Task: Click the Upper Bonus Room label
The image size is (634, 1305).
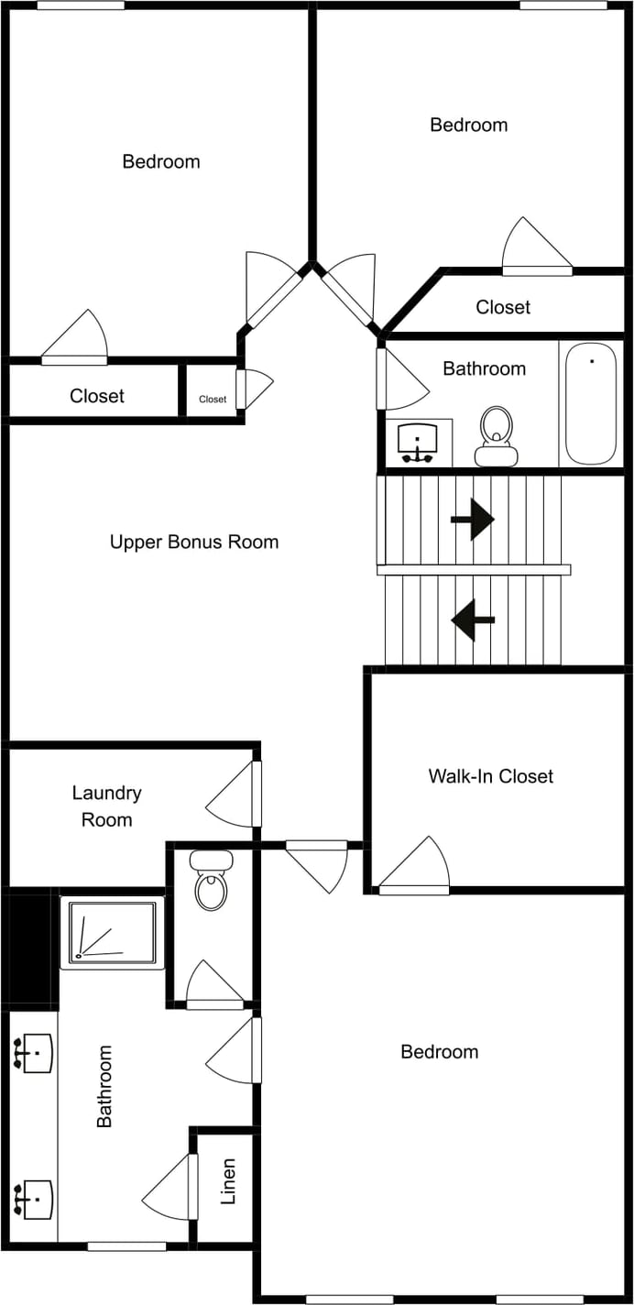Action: point(194,542)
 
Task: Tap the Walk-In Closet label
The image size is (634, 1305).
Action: point(490,776)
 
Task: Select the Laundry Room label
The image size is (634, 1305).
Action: point(106,806)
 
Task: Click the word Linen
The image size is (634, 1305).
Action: point(228,1181)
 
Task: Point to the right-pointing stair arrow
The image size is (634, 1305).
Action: point(472,520)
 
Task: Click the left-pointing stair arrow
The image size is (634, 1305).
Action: point(473,620)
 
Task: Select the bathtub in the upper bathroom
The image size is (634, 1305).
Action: point(590,403)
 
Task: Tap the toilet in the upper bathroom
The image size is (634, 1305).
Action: point(496,436)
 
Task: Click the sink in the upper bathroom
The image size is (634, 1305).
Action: point(419,443)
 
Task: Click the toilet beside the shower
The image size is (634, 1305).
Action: point(211,881)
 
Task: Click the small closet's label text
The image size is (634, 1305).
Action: point(213,399)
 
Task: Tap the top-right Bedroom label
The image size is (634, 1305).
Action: point(468,125)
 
